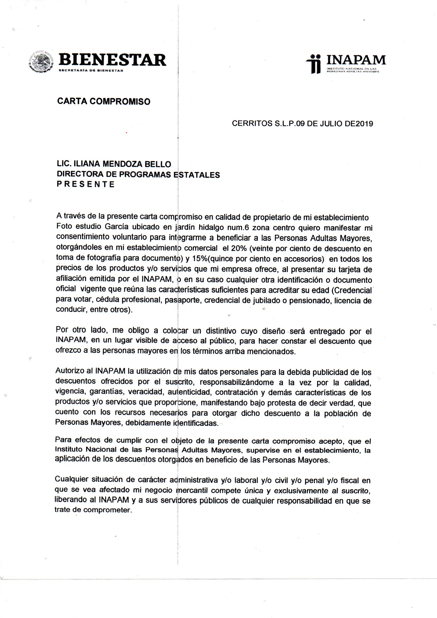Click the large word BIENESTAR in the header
112,60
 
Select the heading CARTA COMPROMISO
104,102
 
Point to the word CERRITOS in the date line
252,123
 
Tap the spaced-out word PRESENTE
86,185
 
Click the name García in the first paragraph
116,227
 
